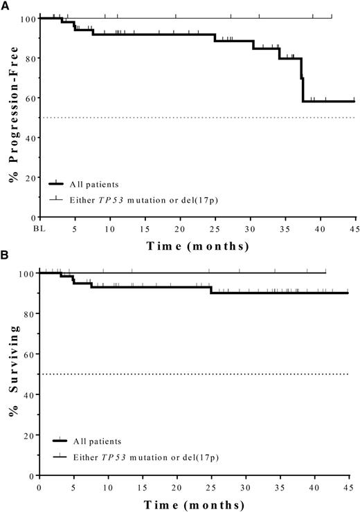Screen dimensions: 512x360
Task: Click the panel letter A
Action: tap(5, 5)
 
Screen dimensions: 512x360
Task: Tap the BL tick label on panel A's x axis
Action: tap(40, 228)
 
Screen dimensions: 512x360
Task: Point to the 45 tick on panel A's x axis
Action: tap(354, 228)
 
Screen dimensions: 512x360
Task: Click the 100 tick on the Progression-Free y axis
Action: tap(28, 18)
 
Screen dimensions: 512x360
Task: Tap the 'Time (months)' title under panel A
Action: tap(197, 246)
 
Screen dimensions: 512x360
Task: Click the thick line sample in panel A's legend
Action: tap(60, 184)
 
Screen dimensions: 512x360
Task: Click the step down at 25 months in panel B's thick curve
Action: tap(210, 290)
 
